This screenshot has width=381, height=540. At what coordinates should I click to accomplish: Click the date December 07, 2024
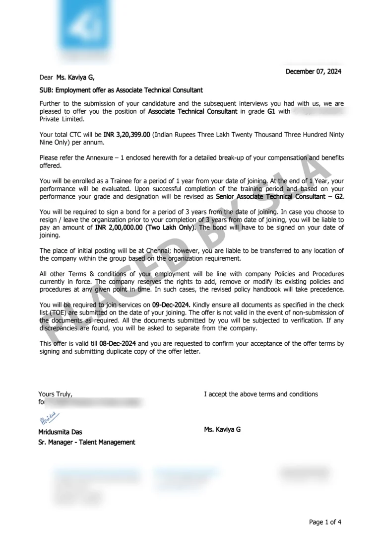point(313,72)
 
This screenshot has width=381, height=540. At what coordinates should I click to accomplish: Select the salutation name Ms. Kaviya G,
point(75,77)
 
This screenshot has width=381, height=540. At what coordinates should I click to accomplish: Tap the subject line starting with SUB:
point(121,90)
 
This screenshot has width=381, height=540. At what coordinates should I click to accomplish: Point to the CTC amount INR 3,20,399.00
point(127,135)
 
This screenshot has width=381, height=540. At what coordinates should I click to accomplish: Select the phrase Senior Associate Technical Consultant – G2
point(279,197)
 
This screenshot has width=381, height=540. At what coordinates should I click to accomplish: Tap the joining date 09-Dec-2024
point(171,305)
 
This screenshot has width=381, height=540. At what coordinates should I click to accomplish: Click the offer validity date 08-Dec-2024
point(118,344)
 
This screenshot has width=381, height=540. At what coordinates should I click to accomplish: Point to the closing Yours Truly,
point(56,394)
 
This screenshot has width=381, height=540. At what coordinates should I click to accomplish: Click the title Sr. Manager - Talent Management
point(86,442)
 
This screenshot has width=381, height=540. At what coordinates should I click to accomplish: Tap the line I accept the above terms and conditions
point(261,394)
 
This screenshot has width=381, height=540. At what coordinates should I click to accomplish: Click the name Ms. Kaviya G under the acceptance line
point(222,429)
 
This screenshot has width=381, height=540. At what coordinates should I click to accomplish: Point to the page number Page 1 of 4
point(325,522)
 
